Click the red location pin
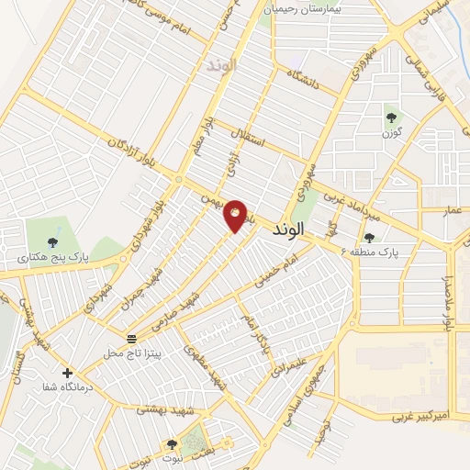[236, 215]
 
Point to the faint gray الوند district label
[222, 65]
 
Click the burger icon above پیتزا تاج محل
[132, 338]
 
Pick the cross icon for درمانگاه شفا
[67, 373]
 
